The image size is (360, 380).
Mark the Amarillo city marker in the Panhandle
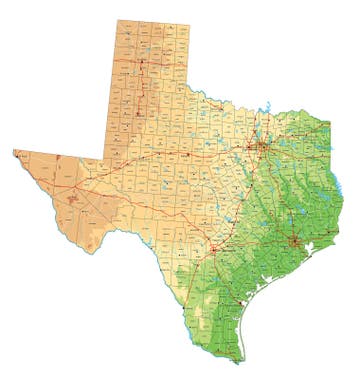140,66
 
